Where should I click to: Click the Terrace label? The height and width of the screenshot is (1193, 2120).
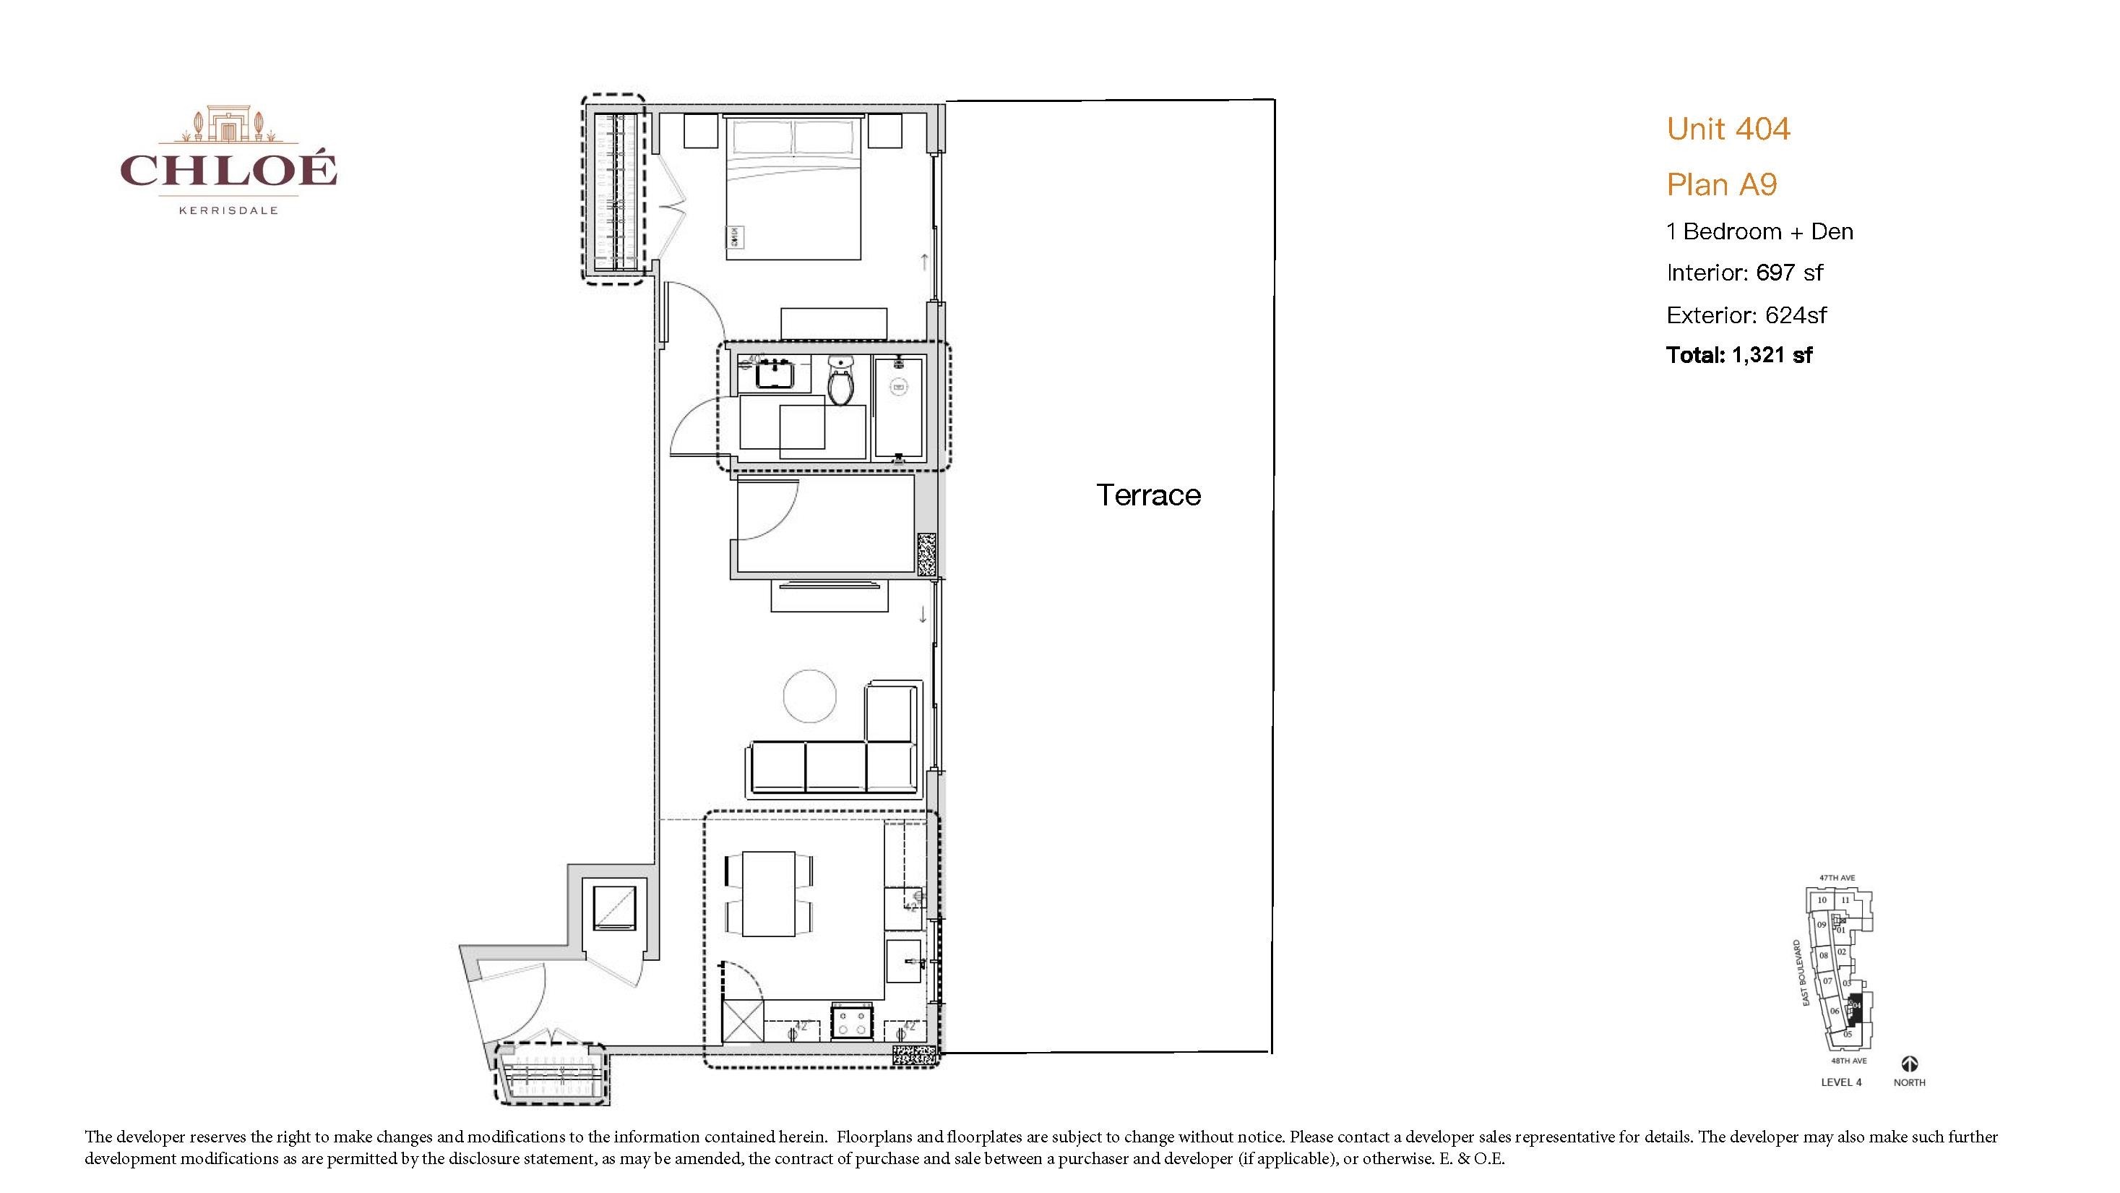(1148, 495)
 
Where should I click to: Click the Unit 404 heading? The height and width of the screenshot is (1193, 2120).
(1728, 129)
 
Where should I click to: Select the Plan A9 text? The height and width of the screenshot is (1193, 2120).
(1721, 184)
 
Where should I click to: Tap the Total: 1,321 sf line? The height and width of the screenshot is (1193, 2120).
(1738, 355)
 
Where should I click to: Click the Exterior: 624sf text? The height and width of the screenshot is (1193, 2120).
(1746, 315)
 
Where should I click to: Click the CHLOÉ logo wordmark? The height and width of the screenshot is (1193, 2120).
(228, 170)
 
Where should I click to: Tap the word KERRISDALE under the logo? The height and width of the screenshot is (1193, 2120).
(228, 210)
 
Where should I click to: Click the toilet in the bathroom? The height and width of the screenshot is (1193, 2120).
(840, 380)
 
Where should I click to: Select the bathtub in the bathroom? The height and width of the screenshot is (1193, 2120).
(898, 408)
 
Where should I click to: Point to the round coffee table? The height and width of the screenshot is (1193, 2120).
(809, 696)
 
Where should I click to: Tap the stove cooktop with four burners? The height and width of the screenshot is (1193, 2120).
(850, 1023)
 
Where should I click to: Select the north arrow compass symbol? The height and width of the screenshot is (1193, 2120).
(1909, 1064)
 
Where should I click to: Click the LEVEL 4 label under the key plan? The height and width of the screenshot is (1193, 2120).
(1840, 1082)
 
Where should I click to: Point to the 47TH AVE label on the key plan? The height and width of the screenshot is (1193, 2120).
(1837, 878)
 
